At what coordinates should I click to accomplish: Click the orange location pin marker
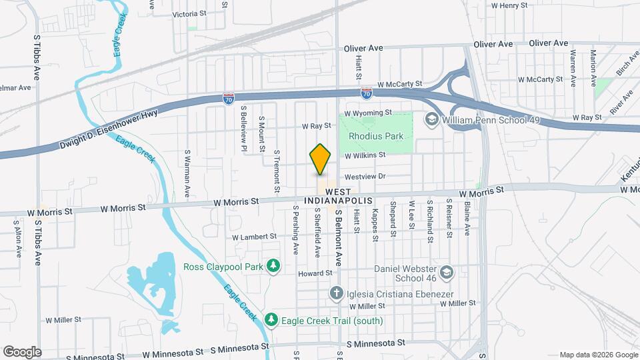tap(321, 159)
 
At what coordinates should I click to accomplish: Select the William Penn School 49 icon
tap(431, 119)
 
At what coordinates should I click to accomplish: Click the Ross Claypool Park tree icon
tap(272, 267)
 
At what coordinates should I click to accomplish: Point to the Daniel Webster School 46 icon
tap(446, 272)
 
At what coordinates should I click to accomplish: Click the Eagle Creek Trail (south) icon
tap(271, 321)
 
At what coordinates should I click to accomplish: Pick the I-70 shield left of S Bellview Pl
tap(228, 99)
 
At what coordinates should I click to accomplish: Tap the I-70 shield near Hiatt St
tap(366, 93)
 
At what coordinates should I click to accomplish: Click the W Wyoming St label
tap(368, 113)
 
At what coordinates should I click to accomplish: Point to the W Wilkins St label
tap(365, 155)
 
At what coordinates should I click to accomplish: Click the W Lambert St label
tap(254, 237)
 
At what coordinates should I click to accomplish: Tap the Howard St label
tap(315, 273)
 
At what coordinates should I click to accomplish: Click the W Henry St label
tap(509, 5)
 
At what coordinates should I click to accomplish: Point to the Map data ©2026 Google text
tap(598, 355)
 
